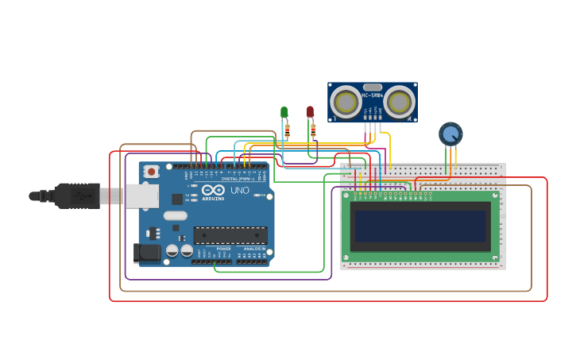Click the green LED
284,112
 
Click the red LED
311,112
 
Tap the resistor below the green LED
287,130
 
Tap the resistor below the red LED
313,130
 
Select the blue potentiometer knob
450,134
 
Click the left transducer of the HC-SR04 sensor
346,103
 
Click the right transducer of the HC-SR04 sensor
399,103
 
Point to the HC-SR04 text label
373,95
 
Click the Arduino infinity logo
213,190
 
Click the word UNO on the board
239,190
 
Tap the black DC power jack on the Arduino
147,254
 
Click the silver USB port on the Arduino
141,195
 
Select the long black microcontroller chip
230,235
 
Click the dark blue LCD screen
420,226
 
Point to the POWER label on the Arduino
223,249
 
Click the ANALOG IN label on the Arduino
254,249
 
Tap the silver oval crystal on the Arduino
176,215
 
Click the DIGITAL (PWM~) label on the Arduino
234,179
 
